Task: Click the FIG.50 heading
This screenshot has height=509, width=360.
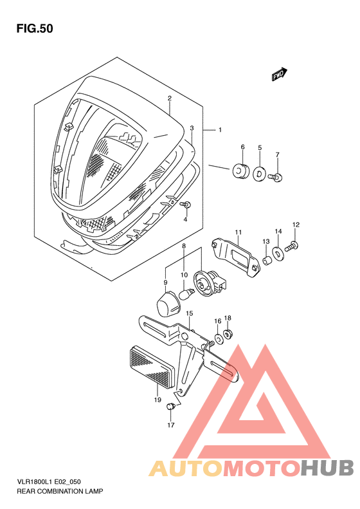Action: (35, 28)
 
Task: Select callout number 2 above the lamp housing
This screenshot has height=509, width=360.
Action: (169, 98)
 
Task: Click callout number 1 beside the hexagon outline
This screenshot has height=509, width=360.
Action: (221, 130)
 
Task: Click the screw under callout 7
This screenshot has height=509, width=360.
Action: (276, 177)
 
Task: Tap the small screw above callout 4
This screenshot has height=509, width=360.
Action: (186, 205)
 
